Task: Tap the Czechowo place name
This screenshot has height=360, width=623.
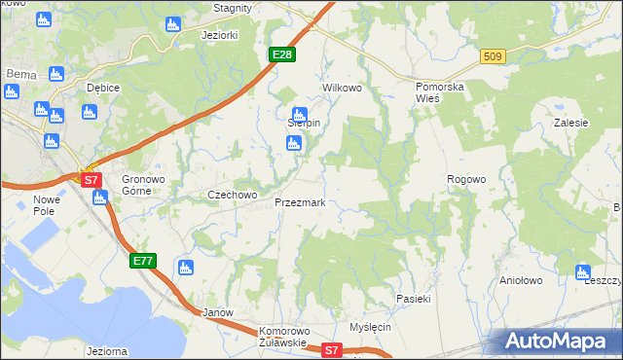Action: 232,195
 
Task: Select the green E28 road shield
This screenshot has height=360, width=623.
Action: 281,54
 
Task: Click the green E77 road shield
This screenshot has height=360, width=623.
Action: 142,260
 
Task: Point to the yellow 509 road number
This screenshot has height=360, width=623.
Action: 492,57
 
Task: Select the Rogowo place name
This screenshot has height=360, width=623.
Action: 465,179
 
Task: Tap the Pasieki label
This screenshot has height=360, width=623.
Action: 413,299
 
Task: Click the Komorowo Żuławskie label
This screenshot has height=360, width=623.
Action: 283,337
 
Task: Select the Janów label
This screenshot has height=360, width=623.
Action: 215,312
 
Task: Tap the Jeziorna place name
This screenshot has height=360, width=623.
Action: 107,350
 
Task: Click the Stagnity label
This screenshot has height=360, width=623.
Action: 233,7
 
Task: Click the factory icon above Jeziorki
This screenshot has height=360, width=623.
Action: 173,23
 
